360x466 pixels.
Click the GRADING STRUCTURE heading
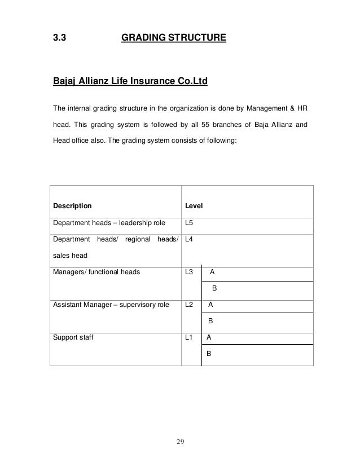pyautogui.click(x=173, y=38)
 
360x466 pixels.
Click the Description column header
pyautogui.click(x=72, y=206)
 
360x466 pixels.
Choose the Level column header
pyautogui.click(x=194, y=206)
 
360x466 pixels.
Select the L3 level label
pyautogui.click(x=189, y=272)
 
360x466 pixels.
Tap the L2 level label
pyautogui.click(x=189, y=305)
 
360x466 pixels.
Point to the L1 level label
pyautogui.click(x=189, y=337)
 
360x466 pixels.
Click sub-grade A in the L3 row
pyautogui.click(x=212, y=272)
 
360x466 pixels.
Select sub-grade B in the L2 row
pyautogui.click(x=210, y=321)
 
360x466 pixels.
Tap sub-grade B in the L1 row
pyautogui.click(x=209, y=354)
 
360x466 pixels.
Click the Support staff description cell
pyautogui.click(x=73, y=337)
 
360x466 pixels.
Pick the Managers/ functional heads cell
pyautogui.click(x=96, y=272)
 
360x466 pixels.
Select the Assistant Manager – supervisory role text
pyautogui.click(x=111, y=305)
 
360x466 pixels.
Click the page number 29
pyautogui.click(x=180, y=441)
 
